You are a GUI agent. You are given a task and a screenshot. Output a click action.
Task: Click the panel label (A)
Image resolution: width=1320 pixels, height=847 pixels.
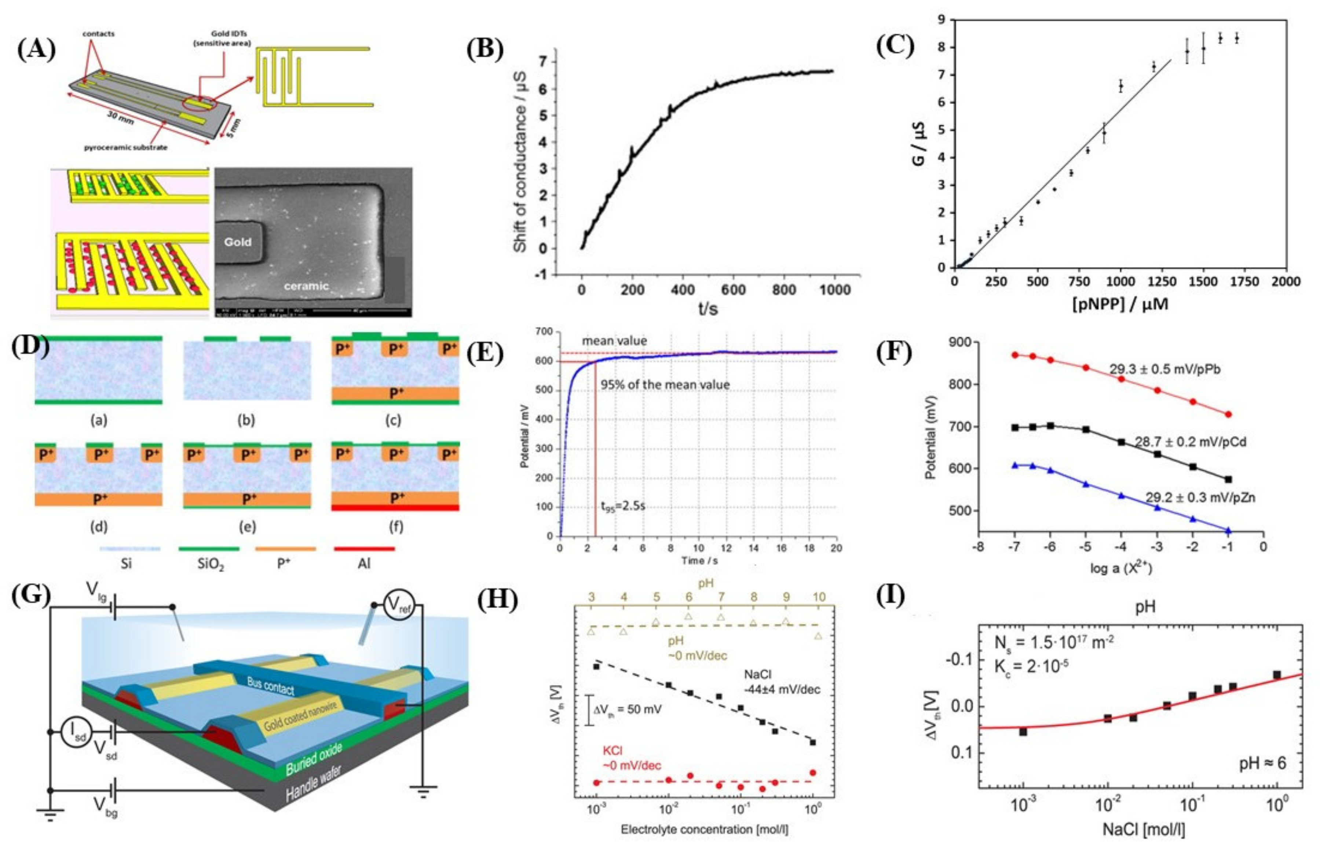tap(36, 50)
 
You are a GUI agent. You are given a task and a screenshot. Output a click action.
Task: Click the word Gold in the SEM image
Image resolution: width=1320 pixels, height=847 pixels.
tap(238, 242)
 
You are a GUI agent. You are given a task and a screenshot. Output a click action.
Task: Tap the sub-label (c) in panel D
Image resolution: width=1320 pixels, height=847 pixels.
tap(395, 421)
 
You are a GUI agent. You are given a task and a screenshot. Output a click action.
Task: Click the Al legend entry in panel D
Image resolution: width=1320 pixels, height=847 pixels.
tap(364, 564)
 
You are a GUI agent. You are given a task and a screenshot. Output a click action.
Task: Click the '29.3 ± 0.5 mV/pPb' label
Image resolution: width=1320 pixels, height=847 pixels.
tap(1164, 369)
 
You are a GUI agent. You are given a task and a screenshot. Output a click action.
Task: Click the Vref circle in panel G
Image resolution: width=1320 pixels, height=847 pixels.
tap(398, 605)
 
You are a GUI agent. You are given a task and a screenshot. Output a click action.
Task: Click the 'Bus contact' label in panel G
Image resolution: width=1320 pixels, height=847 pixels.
tap(270, 686)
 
